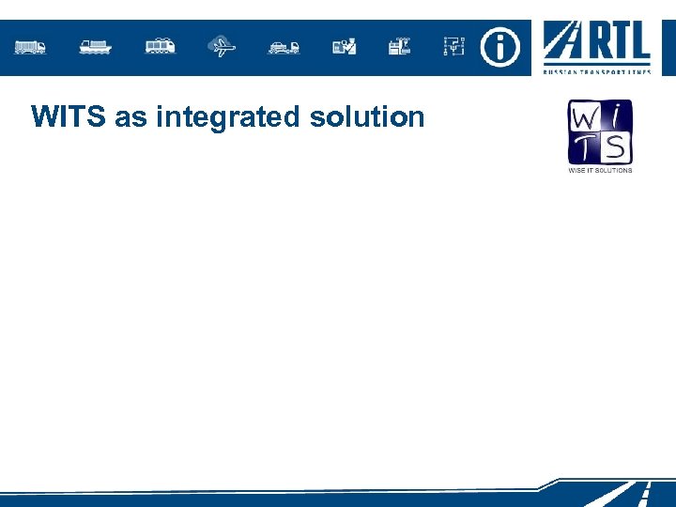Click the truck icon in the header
(x=31, y=46)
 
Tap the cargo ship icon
(x=96, y=46)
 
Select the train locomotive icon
(x=160, y=46)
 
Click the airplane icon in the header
(x=222, y=46)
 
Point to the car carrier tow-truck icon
(x=284, y=46)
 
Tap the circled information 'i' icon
(x=499, y=45)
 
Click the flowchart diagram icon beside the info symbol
(x=454, y=46)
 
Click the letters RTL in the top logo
(x=620, y=43)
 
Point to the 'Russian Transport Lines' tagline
(x=596, y=70)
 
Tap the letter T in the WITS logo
(x=584, y=149)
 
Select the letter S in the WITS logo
(x=617, y=149)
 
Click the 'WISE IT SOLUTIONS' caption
(x=600, y=170)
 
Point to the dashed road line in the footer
(x=645, y=493)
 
